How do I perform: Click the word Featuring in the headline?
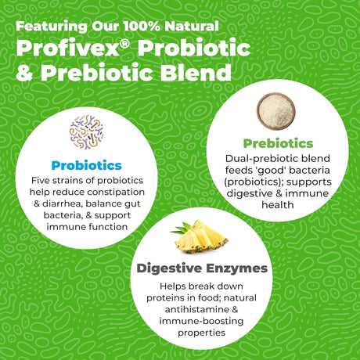tap(52, 27)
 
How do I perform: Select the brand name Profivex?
tap(68, 49)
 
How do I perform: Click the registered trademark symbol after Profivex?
tap(125, 44)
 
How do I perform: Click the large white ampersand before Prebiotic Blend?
tap(25, 73)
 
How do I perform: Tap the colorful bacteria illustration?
tap(86, 132)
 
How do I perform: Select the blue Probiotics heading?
tap(87, 165)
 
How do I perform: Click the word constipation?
tap(116, 193)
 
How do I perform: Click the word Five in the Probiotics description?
tap(39, 180)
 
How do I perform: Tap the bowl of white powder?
tap(276, 111)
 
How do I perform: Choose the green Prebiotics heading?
tap(278, 143)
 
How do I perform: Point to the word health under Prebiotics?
tap(278, 205)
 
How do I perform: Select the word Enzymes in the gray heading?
tap(237, 268)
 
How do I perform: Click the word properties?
tap(201, 333)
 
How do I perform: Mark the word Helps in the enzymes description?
tap(173, 286)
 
